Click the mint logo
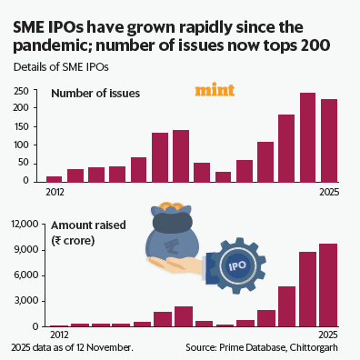coord(215,91)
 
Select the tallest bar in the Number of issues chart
coord(307,136)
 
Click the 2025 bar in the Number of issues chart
coord(329,140)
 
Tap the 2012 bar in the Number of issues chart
coord(55,178)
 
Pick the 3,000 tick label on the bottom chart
coord(23,301)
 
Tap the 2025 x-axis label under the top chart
coord(328,191)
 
